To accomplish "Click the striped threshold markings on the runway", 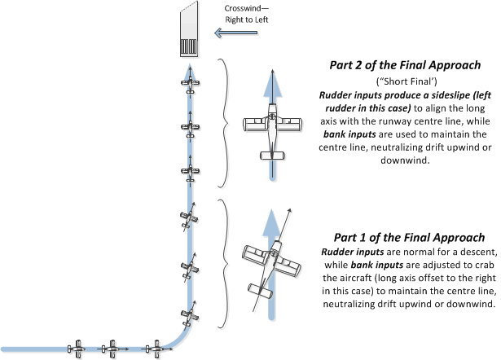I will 189,46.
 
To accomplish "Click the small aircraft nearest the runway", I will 189,83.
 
